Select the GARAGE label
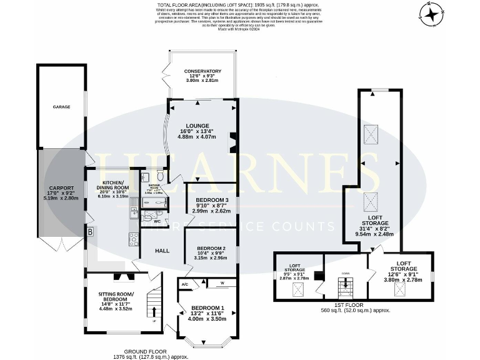pyautogui.click(x=61, y=107)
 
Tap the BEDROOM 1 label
pyautogui.click(x=207, y=307)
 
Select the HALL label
pyautogui.click(x=162, y=251)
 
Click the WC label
pyautogui.click(x=157, y=221)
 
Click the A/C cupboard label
pyautogui.click(x=185, y=284)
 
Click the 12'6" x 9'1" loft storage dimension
pyautogui.click(x=402, y=271)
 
